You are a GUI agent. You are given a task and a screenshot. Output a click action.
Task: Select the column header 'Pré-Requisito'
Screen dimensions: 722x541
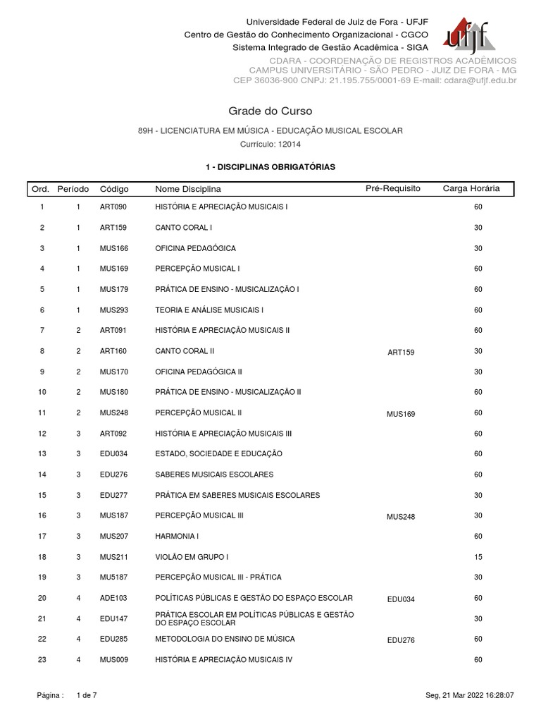392,189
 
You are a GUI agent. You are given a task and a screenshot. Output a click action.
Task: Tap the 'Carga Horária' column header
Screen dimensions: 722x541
471,189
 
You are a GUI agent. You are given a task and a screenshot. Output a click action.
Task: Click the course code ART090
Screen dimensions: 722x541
113,207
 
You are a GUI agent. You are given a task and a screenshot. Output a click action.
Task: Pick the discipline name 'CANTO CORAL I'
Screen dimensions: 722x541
184,228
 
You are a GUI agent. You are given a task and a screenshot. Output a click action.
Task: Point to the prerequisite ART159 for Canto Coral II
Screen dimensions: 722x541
401,352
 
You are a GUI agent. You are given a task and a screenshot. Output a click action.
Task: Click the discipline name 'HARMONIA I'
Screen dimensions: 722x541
174,537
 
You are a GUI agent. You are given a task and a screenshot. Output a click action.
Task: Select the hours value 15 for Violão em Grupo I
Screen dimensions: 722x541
478,557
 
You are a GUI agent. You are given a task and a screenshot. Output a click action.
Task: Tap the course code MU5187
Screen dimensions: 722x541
113,577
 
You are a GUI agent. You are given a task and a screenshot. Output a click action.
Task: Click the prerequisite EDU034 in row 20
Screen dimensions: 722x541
401,599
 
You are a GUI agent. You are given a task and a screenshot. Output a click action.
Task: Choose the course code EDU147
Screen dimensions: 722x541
113,618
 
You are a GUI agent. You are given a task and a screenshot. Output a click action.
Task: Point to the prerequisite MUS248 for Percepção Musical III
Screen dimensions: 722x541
401,517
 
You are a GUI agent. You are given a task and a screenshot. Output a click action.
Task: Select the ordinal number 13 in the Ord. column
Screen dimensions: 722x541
42,453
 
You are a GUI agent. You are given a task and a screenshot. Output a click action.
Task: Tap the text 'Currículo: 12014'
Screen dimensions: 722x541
270,144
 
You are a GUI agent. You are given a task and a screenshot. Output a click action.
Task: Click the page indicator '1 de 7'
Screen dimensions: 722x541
86,695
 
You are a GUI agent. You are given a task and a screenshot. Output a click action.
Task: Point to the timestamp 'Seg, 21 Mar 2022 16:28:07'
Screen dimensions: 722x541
470,695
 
